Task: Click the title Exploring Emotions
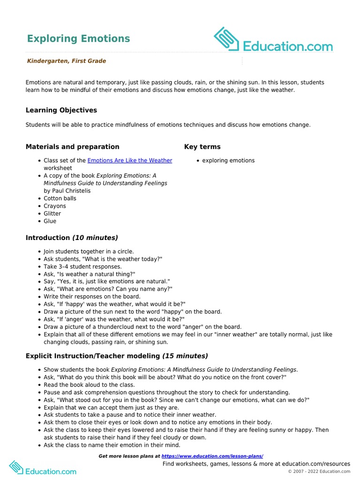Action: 78,38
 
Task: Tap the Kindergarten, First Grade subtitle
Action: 66,61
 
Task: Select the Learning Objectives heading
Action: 61,110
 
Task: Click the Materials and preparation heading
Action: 72,147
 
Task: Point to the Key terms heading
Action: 202,147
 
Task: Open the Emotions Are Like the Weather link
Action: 129,160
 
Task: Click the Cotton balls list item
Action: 60,198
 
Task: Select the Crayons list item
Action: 55,206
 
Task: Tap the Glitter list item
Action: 52,213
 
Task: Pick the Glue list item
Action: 50,221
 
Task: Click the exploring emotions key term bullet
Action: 228,160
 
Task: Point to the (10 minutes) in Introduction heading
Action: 95,238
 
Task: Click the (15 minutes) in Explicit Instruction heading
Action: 185,356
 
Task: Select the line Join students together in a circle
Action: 89,251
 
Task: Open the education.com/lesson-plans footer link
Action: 212,456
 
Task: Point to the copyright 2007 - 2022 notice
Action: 319,472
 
